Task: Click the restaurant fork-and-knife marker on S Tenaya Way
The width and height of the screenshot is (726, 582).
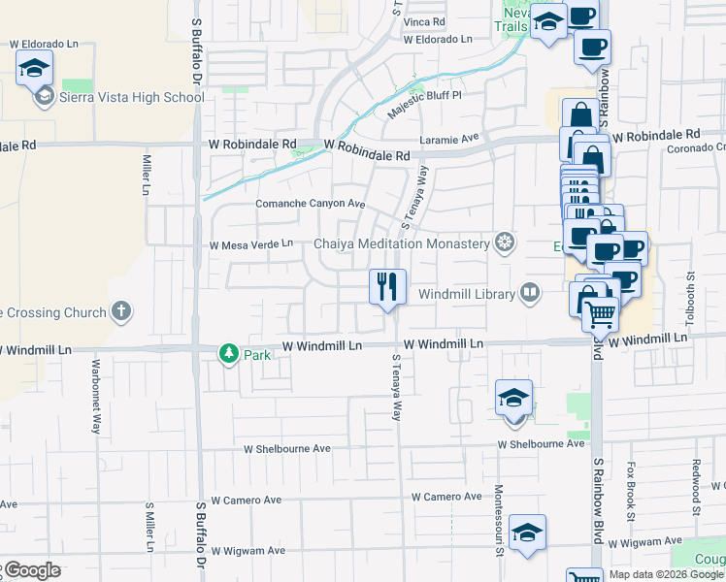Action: pos(386,287)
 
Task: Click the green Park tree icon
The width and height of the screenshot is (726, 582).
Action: pos(229,354)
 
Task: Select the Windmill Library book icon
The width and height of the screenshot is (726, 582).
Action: pos(530,292)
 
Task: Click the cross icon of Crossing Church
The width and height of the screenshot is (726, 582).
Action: pos(120,311)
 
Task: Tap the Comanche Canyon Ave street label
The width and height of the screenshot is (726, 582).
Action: pos(310,204)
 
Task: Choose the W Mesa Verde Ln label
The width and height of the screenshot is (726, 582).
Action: pos(251,244)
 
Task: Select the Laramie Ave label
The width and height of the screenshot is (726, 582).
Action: pos(449,139)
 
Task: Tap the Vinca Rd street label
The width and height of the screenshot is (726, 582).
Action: pos(424,20)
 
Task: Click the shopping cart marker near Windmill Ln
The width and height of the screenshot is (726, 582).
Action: pos(601,313)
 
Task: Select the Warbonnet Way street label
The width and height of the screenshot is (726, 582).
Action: pos(96,397)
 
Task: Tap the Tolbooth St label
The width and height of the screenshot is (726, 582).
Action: pos(690,299)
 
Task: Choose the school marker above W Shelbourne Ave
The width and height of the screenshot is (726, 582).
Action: pos(513,399)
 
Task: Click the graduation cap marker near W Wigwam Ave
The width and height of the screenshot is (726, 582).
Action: pos(527,533)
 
